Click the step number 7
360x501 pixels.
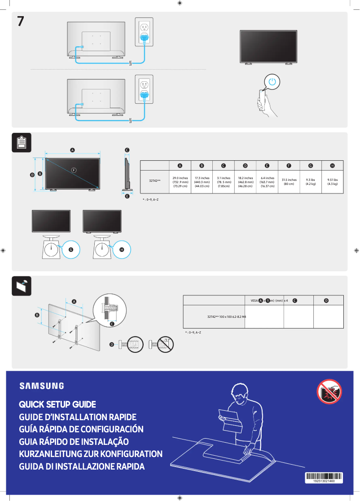(21, 21)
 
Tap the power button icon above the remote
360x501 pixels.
(272, 82)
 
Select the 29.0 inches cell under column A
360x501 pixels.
(180, 181)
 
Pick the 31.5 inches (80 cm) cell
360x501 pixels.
(289, 181)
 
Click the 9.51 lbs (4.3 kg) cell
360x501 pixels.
(332, 181)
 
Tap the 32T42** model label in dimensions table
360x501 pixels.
(155, 181)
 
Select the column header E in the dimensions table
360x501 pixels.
(267, 166)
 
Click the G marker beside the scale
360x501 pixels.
(70, 249)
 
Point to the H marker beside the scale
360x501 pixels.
(121, 249)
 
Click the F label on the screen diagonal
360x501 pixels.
(74, 170)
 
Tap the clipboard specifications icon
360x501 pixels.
(21, 142)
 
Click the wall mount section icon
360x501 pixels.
(21, 286)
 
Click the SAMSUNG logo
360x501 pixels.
(41, 386)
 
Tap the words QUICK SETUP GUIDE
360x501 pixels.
(57, 404)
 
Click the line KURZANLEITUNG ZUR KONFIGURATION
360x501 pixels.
(90, 454)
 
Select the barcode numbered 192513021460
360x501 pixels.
(324, 477)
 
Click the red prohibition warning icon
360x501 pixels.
(329, 391)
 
